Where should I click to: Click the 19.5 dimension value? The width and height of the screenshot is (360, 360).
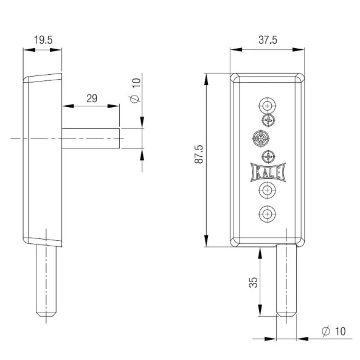43,40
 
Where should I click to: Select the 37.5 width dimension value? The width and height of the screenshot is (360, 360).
268,40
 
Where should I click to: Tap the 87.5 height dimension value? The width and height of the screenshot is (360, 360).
199,154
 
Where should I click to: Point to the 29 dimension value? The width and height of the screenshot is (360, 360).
92,99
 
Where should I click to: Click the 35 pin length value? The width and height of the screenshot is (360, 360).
253,282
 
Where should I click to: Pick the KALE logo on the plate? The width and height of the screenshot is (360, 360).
268,172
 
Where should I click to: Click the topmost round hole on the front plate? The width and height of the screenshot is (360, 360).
267,106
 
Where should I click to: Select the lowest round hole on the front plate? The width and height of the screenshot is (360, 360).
267,214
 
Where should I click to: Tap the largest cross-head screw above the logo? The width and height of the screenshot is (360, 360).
261,139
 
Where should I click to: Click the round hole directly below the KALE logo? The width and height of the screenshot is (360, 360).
267,190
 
